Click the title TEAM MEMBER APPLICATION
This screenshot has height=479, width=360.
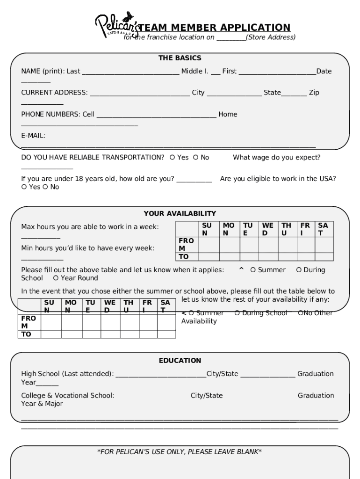[x=215, y=28]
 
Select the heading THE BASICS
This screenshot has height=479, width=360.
[x=180, y=58]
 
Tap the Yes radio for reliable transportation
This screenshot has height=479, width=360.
[x=173, y=158]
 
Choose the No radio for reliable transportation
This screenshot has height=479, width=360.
[x=196, y=158]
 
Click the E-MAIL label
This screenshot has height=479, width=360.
[x=33, y=136]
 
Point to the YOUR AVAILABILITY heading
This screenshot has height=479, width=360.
[x=180, y=214]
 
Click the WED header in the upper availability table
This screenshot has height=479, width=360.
[x=268, y=229]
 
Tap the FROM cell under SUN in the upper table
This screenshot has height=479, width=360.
[x=209, y=244]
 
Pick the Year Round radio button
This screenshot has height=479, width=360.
[x=56, y=278]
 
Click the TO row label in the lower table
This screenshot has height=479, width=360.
[x=26, y=334]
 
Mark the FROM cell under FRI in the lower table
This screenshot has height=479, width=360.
[x=147, y=322]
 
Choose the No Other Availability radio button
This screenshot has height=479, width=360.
[x=301, y=313]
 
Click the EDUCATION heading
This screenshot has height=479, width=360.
[x=180, y=361]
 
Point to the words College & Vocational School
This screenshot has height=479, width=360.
[x=67, y=395]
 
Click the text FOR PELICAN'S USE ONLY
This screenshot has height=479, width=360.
[x=179, y=451]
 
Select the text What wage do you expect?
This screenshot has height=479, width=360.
[x=276, y=158]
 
